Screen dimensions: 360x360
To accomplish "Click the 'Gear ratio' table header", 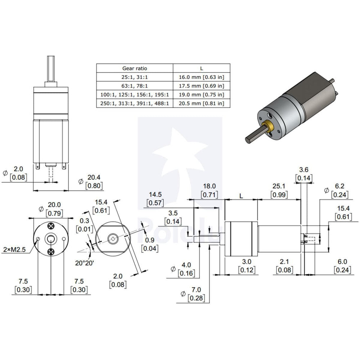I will point(135,68).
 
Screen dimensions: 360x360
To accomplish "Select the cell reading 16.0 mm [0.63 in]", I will point(201,77).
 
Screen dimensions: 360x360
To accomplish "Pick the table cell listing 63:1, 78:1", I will point(135,86).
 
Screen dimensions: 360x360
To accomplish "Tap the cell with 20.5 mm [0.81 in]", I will point(201,103).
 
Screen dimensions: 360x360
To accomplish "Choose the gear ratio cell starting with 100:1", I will point(135,95).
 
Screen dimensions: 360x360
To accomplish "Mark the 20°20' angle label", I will point(85,263).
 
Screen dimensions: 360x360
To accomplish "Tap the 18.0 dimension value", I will point(209,186).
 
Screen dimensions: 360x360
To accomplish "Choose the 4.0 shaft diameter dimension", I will point(186,265).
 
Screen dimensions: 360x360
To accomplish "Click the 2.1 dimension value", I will point(285,261).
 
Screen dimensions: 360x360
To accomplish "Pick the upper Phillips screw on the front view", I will point(51,226).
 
